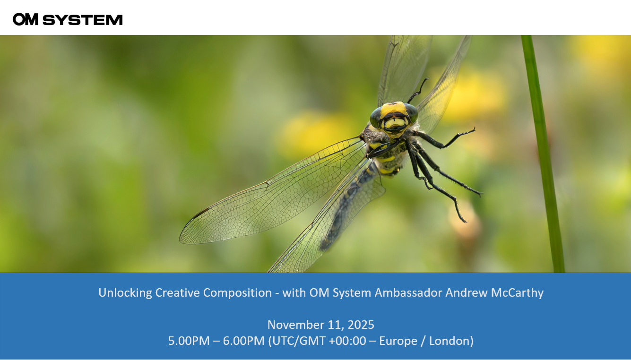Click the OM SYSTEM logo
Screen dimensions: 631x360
click(68, 19)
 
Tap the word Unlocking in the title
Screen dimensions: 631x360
click(125, 293)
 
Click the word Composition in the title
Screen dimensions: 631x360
click(237, 293)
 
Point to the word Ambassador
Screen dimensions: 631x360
click(408, 293)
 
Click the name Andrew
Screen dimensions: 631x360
click(466, 293)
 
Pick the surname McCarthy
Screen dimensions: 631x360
click(517, 293)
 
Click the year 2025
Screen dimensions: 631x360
click(361, 325)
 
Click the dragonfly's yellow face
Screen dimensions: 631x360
click(394, 118)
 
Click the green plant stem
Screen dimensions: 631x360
click(544, 154)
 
